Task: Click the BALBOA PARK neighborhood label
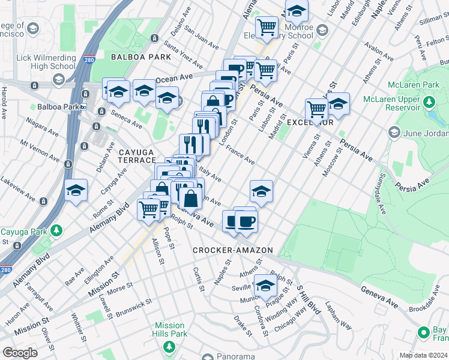pyautogui.click(x=140, y=56)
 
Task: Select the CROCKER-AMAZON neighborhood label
pyautogui.click(x=233, y=250)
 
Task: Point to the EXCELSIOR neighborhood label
pyautogui.click(x=309, y=122)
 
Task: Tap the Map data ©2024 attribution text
pyautogui.click(x=423, y=355)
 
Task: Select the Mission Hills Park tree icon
pyautogui.click(x=169, y=347)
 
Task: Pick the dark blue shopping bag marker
pyautogui.click(x=190, y=198)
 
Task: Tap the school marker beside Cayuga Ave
pyautogui.click(x=76, y=190)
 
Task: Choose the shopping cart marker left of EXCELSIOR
pyautogui.click(x=316, y=109)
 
